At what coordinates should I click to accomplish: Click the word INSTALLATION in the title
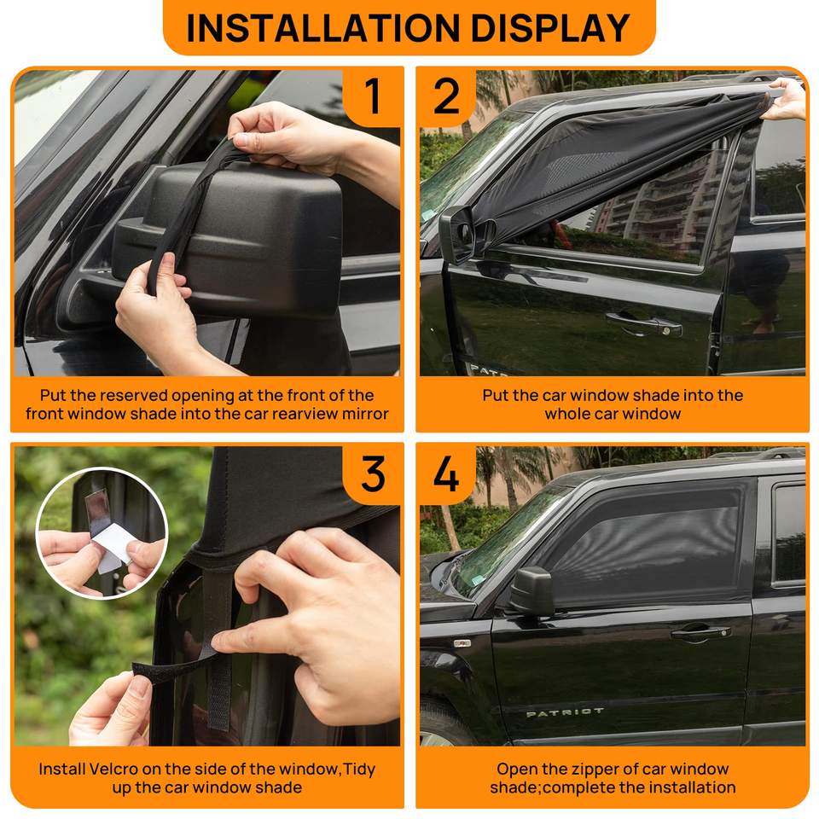[322, 27]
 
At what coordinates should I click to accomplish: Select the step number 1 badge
[372, 96]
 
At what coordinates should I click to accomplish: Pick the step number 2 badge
[446, 96]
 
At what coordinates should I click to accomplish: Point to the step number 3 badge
[373, 473]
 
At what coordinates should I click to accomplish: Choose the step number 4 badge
[446, 473]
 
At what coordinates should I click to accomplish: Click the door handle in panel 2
[644, 324]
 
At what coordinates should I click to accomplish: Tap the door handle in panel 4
[700, 632]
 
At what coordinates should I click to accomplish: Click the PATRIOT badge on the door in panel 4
[565, 712]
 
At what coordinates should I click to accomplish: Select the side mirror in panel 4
[531, 590]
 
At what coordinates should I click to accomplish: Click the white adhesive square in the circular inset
[111, 548]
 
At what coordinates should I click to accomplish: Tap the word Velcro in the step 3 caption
[113, 769]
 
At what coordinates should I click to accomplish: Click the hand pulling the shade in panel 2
[785, 99]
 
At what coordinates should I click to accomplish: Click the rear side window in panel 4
[789, 532]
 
